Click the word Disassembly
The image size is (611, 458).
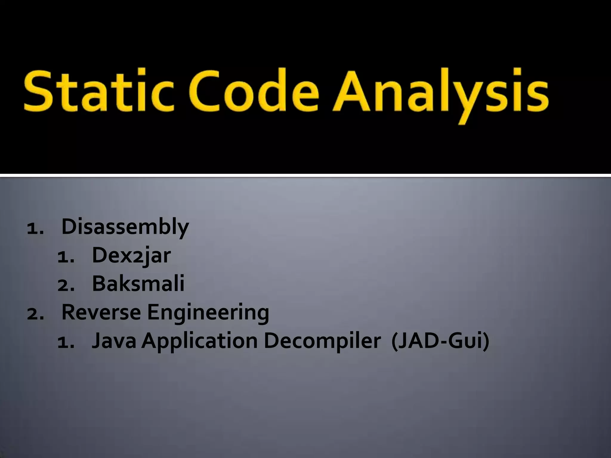click(x=125, y=227)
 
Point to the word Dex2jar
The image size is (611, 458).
click(x=131, y=256)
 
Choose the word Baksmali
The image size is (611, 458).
click(x=138, y=284)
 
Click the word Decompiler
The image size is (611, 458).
click(x=322, y=341)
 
